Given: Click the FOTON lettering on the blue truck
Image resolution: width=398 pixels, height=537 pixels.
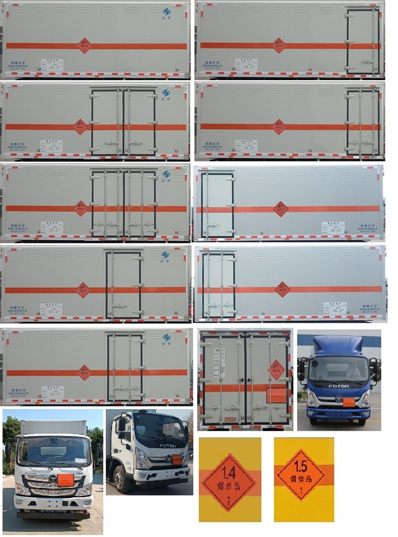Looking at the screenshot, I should (339, 386).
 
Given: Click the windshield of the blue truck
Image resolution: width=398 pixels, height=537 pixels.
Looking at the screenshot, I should (339, 369).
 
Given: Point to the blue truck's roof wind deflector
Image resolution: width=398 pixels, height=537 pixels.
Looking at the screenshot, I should (339, 345).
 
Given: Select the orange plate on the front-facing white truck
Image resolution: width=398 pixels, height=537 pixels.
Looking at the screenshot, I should (65, 480).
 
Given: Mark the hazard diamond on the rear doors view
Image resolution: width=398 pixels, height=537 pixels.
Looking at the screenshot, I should (276, 369).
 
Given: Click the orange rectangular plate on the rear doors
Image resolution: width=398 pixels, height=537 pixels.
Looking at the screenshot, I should (275, 396).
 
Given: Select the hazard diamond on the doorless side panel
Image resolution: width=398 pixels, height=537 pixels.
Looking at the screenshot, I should (84, 45).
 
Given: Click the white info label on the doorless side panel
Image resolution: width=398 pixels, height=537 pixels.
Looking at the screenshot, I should (52, 64).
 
